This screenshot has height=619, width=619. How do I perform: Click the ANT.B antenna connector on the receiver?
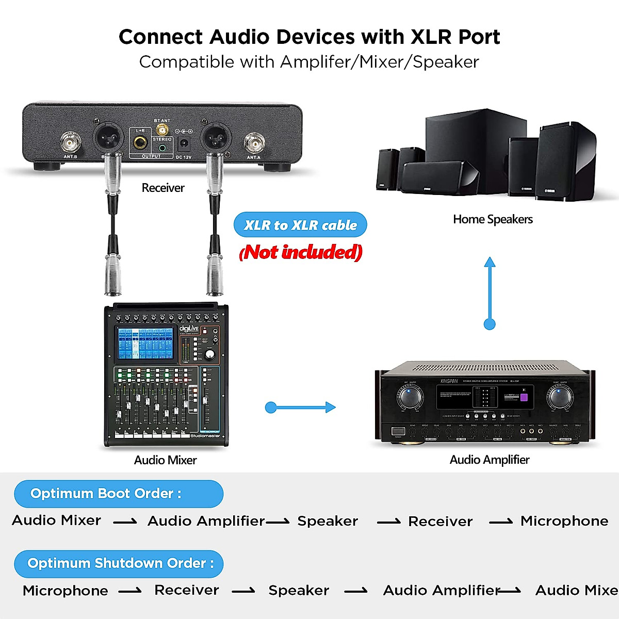pyautogui.click(x=71, y=142)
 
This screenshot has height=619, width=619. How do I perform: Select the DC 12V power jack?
pyautogui.click(x=184, y=143)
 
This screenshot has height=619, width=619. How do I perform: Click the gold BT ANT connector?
pyautogui.click(x=162, y=129)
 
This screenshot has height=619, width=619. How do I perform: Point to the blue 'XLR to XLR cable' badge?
pyautogui.click(x=300, y=225)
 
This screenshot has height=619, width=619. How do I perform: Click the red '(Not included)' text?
pyautogui.click(x=301, y=252)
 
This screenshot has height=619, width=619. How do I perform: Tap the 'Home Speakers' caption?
pyautogui.click(x=493, y=219)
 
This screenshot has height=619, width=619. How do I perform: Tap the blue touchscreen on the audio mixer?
pyautogui.click(x=145, y=344)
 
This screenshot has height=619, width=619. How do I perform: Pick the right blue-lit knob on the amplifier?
pyautogui.click(x=559, y=398)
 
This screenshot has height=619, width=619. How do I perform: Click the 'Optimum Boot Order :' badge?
pyautogui.click(x=119, y=494)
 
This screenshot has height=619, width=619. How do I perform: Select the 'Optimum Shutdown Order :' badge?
pyautogui.click(x=119, y=563)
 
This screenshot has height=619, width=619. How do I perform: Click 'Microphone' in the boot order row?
pyautogui.click(x=564, y=521)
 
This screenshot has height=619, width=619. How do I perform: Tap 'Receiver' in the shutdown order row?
pyautogui.click(x=187, y=590)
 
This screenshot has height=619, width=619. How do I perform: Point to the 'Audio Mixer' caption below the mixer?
pyautogui.click(x=165, y=460)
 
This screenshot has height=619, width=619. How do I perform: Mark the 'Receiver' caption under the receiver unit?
pyautogui.click(x=163, y=188)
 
